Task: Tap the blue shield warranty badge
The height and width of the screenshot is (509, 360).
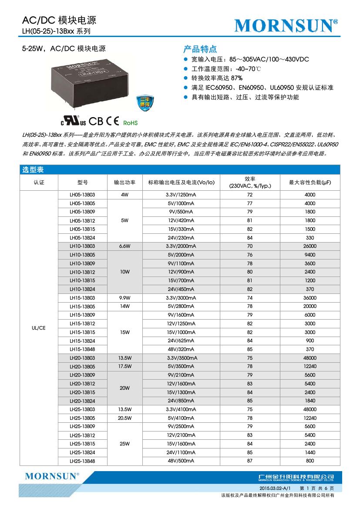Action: [x=143, y=104]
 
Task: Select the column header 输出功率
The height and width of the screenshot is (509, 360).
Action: [x=124, y=182]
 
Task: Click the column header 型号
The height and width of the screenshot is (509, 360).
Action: [x=82, y=182]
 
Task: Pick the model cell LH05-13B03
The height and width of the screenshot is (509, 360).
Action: [x=82, y=195]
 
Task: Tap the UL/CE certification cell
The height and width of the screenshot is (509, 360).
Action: [x=39, y=328]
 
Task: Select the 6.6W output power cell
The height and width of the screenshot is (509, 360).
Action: [x=124, y=246]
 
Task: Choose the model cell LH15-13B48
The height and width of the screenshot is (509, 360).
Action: [x=82, y=349]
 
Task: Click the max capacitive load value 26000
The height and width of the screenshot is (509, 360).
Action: [x=310, y=246]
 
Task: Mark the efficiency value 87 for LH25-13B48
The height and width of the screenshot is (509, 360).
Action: [x=249, y=461]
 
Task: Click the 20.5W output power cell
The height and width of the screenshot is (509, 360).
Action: [x=124, y=418]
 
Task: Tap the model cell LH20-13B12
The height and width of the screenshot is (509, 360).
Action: [x=82, y=384]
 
